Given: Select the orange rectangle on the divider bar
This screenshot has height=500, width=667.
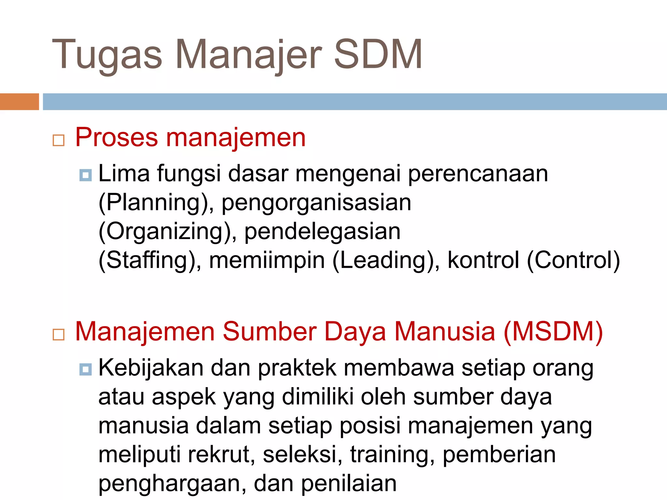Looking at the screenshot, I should click(x=19, y=102).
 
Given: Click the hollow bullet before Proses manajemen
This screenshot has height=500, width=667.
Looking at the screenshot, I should click(x=59, y=140).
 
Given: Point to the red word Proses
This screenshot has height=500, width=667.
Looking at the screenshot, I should click(x=117, y=138).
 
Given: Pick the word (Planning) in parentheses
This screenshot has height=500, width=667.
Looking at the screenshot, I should click(x=153, y=203).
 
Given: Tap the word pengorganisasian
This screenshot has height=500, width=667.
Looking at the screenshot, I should click(x=316, y=203).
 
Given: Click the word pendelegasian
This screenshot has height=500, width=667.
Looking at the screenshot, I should click(x=322, y=231).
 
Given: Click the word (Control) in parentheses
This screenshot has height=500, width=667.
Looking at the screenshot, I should click(x=573, y=260).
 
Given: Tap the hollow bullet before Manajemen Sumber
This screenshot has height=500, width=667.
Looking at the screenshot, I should click(x=59, y=334).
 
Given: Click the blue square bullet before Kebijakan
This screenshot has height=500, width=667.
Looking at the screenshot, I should click(x=85, y=369).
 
